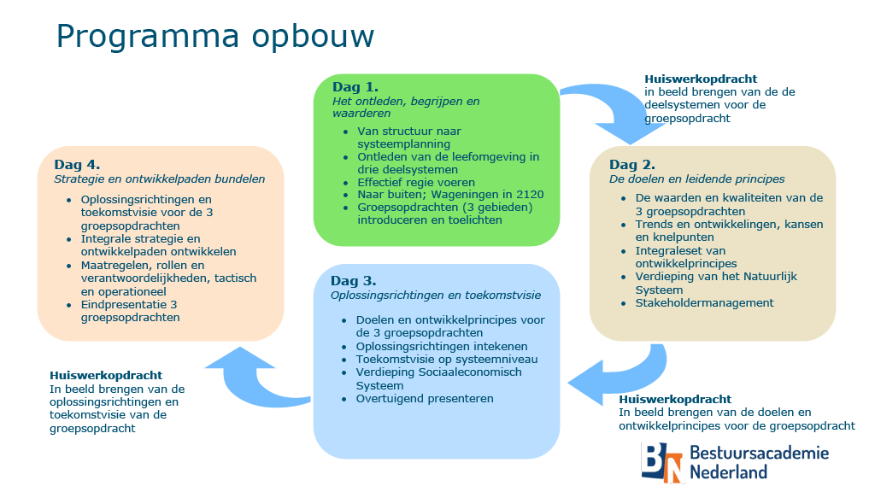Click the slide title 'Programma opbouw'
click(x=215, y=38)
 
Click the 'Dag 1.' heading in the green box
click(x=355, y=87)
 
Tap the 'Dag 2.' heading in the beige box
click(x=632, y=165)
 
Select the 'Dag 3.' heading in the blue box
click(x=353, y=280)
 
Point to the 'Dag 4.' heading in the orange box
click(x=77, y=165)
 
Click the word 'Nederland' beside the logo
click(x=729, y=472)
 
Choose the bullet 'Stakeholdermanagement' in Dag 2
click(x=704, y=303)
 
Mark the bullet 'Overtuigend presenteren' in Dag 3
click(x=425, y=399)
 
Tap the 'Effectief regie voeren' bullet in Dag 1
click(x=416, y=183)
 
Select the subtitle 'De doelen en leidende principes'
click(x=697, y=179)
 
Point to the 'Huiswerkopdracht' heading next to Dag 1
click(x=701, y=79)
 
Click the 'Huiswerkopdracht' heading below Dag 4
click(x=106, y=376)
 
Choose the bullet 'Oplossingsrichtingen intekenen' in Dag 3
click(x=442, y=347)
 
